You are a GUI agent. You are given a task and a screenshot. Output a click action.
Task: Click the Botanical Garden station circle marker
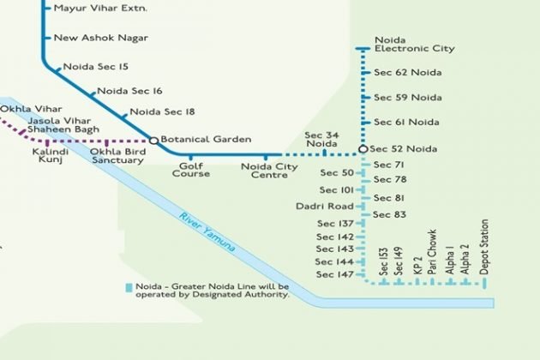(x=154, y=140)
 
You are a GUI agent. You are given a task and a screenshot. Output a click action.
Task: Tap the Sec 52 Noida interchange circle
(x=363, y=149)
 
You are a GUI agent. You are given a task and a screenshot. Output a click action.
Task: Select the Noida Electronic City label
(x=414, y=45)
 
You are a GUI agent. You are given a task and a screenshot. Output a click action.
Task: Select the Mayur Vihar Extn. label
(x=100, y=8)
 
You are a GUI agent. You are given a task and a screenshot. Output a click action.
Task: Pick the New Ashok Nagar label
(x=100, y=38)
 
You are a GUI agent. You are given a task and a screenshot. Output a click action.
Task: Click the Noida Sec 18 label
(x=162, y=111)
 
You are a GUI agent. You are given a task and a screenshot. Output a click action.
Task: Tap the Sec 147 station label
(x=334, y=274)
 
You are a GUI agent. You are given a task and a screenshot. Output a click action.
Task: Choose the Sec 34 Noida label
(x=321, y=140)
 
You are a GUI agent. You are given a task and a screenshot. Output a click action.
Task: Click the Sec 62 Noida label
(x=407, y=74)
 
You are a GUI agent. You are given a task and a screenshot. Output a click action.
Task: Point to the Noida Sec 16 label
(x=129, y=90)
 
